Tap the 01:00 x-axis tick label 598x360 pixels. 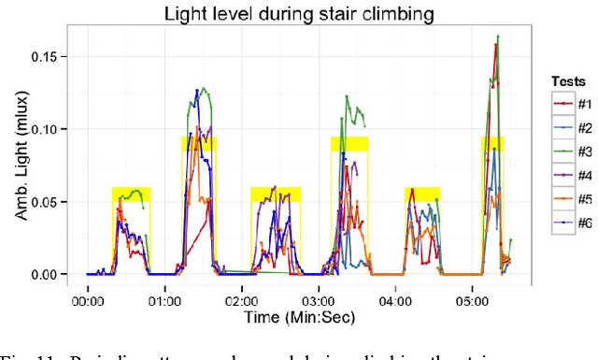[x=164, y=302]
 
